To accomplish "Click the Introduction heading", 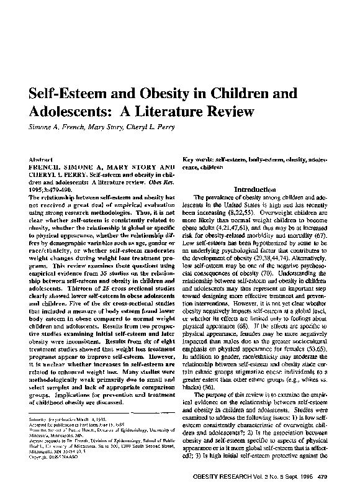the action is coord(254,189).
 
